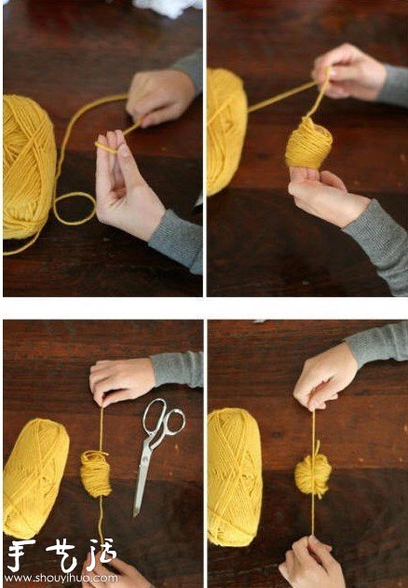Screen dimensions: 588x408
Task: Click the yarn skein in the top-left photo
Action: [28, 168]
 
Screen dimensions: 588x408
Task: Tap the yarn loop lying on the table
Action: [75, 208]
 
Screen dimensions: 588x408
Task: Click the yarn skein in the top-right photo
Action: [225, 130]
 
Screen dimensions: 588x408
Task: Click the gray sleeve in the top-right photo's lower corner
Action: [378, 242]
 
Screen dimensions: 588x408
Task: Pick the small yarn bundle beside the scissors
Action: [95, 472]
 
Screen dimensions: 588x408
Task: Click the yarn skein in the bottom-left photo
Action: [35, 475]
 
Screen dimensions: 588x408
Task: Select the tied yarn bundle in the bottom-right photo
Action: [313, 473]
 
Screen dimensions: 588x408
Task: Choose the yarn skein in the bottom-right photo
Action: [234, 475]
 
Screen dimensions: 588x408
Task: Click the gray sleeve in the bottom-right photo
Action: [376, 342]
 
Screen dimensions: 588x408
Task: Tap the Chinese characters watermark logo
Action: [60, 557]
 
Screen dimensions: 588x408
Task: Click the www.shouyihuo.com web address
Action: [60, 578]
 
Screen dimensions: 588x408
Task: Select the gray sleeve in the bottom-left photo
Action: [177, 369]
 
